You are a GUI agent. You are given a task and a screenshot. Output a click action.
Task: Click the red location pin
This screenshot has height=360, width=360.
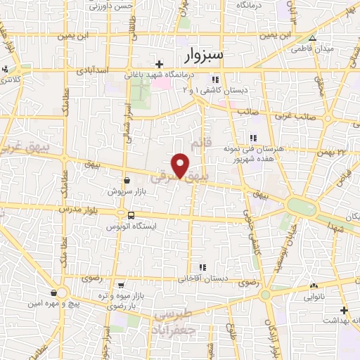click(181, 165)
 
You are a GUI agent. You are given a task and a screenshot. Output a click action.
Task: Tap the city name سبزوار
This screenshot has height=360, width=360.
click(214, 55)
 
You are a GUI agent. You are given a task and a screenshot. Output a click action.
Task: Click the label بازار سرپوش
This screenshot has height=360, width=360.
click(125, 191)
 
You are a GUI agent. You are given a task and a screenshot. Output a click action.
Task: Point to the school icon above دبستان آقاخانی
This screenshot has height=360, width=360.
click(202, 267)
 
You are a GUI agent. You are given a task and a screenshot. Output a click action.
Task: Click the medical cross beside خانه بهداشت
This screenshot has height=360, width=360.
click(344, 310)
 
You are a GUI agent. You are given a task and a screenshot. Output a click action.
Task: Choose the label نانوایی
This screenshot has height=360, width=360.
click(314, 297)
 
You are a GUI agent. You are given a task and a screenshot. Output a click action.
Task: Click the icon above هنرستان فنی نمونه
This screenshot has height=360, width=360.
click(252, 138)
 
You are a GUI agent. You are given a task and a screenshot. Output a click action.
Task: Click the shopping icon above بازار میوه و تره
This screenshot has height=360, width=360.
click(121, 285)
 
